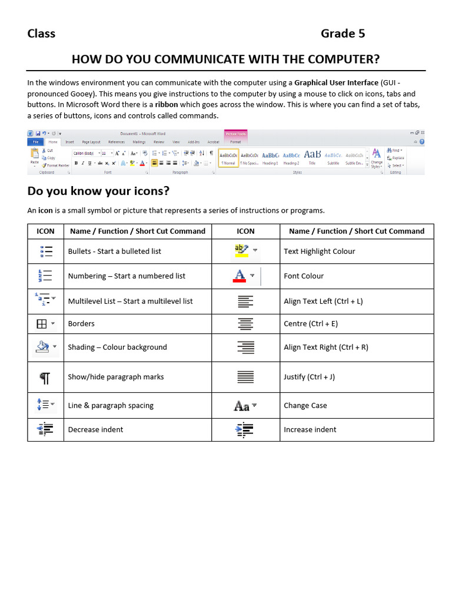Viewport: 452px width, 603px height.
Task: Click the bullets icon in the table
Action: tap(45, 251)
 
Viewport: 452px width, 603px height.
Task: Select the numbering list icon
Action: tap(45, 276)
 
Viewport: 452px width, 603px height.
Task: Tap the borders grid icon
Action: tap(42, 324)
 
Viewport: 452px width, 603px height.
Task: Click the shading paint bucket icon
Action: tap(42, 347)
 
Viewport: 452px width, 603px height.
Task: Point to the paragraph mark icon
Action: tap(45, 377)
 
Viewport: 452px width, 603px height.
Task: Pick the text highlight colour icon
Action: tap(242, 251)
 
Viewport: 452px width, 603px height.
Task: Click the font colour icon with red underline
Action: tap(240, 276)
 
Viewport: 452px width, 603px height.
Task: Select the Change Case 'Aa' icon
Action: tap(242, 406)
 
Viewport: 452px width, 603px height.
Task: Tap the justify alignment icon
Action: tap(245, 377)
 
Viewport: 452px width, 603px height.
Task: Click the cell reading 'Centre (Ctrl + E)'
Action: tap(310, 324)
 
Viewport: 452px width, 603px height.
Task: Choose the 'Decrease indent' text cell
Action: tap(95, 430)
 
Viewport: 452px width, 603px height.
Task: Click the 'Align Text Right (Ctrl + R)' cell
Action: tap(325, 347)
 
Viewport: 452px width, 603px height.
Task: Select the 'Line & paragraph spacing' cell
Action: tap(111, 406)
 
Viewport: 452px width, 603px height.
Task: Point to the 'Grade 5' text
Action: tap(343, 34)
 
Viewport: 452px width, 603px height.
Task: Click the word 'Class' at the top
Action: tap(41, 34)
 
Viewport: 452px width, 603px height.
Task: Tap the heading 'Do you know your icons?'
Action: tap(98, 191)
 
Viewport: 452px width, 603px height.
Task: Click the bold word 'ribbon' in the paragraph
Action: tap(167, 105)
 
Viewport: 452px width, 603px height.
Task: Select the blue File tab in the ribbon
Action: tap(36, 142)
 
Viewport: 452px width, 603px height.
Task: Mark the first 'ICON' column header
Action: tap(45, 231)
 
